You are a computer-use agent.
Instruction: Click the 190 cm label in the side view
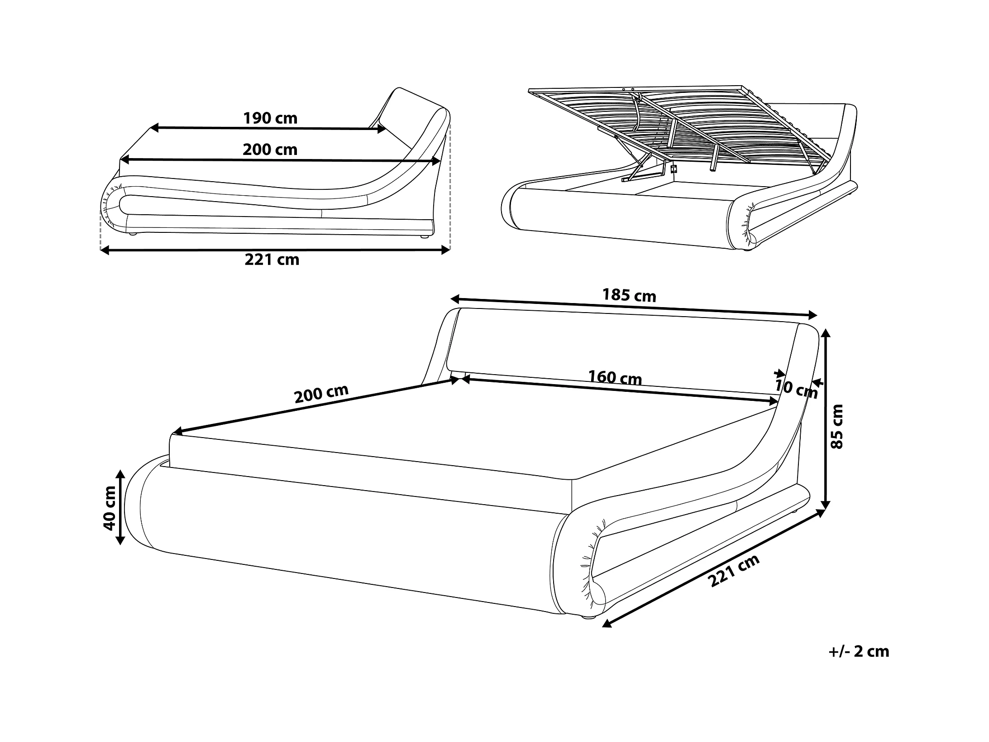pyautogui.click(x=270, y=118)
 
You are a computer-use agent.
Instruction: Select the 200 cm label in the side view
pyautogui.click(x=270, y=149)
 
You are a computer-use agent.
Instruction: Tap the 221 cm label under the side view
pyautogui.click(x=272, y=260)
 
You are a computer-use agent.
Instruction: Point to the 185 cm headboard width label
pyautogui.click(x=629, y=295)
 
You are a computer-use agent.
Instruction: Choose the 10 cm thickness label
pyautogui.click(x=796, y=389)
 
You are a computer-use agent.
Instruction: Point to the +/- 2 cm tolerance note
pyautogui.click(x=859, y=651)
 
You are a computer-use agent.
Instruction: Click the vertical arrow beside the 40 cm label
pyautogui.click(x=120, y=507)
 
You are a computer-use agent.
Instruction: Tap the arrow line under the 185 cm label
pyautogui.click(x=634, y=307)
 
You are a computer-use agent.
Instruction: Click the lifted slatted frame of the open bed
pyautogui.click(x=679, y=122)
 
